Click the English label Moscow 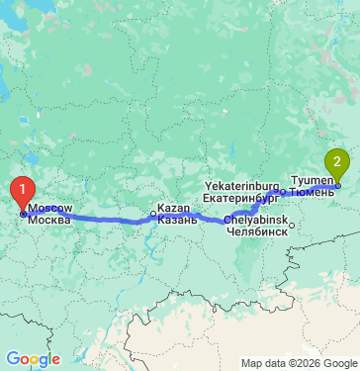pyautogui.click(x=49, y=208)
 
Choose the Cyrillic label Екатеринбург pyautogui.click(x=242, y=197)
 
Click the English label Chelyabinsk pyautogui.click(x=256, y=219)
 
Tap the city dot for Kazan pyautogui.click(x=152, y=213)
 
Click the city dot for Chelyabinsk pyautogui.click(x=292, y=224)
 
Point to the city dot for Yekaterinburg pyautogui.click(x=282, y=191)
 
